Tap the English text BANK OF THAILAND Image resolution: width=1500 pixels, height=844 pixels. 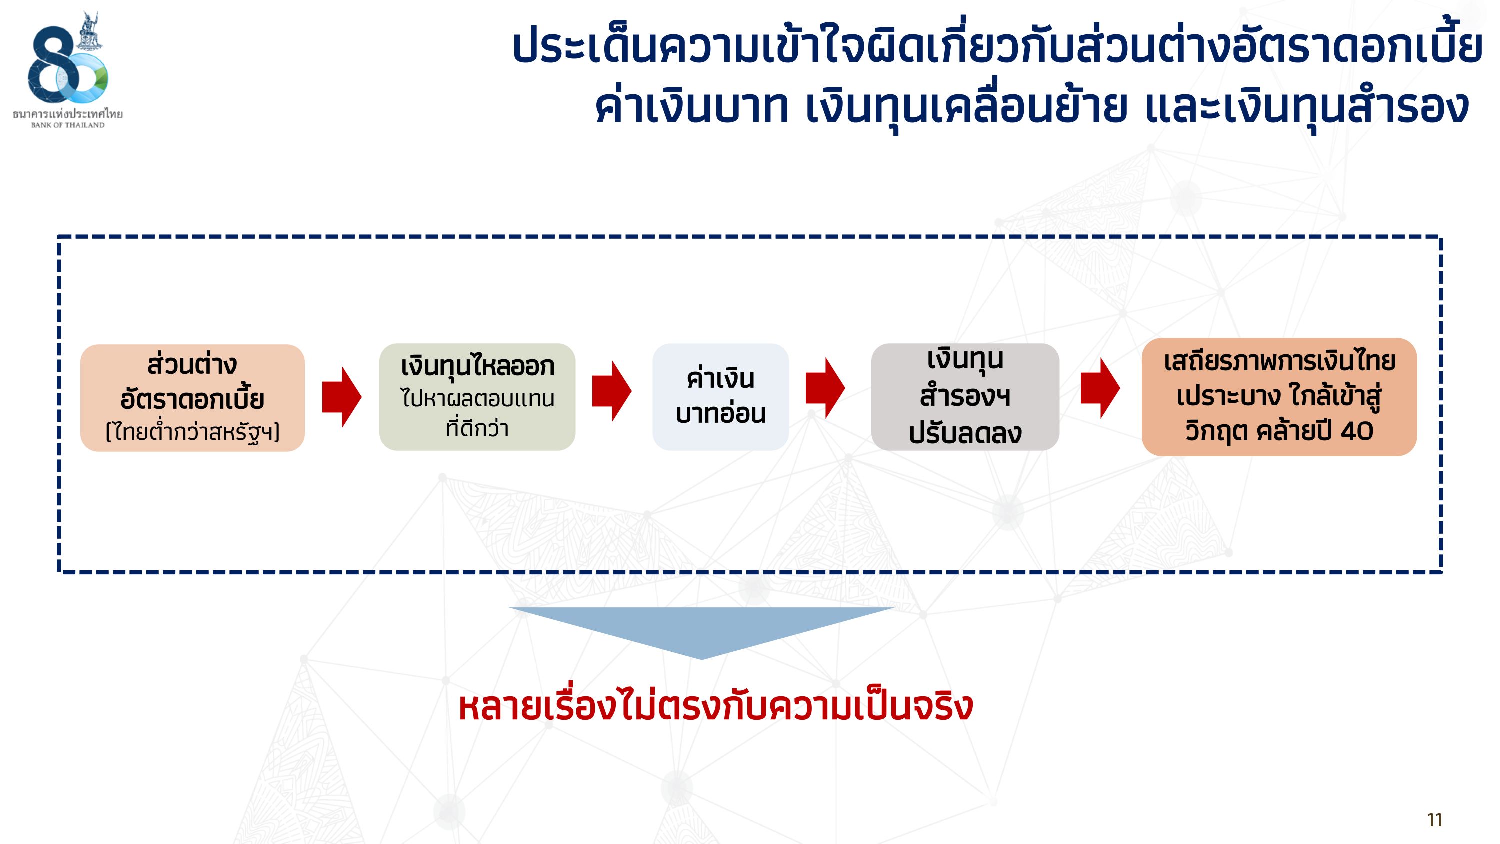point(68,125)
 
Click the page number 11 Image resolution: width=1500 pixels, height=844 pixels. point(1435,820)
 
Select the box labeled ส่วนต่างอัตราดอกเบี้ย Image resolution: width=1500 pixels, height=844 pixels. point(192,398)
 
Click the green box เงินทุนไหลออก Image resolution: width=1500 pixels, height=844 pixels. point(477,397)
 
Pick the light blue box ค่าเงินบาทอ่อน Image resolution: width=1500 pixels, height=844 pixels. point(721,397)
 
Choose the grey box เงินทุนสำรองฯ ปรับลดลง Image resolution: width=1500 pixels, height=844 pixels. point(965,397)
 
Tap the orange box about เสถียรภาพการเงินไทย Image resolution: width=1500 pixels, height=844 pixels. point(1279,397)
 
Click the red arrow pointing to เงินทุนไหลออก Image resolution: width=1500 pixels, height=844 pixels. point(342,397)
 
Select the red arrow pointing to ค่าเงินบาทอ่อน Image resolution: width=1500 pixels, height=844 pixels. point(612,391)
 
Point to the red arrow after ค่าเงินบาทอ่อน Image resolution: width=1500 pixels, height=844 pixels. point(825,388)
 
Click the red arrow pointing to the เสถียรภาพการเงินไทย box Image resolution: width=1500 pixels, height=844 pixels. point(1100,388)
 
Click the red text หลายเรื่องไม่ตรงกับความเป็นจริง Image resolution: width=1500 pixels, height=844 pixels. point(715,706)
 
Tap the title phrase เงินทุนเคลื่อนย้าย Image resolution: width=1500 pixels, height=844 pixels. point(966,108)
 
